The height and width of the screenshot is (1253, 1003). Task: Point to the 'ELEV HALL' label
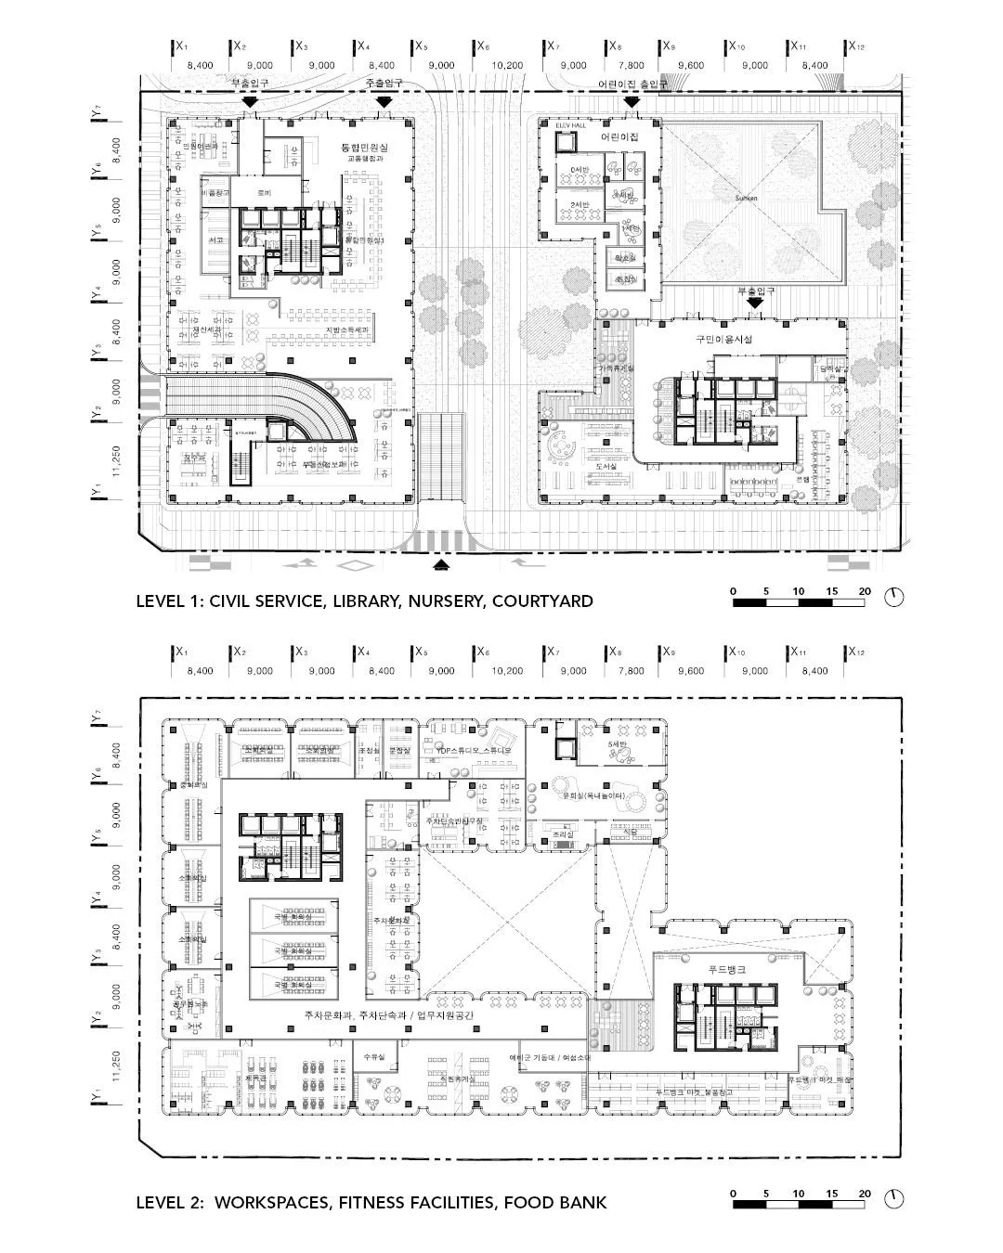tap(567, 124)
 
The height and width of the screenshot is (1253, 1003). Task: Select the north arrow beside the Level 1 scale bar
tap(893, 597)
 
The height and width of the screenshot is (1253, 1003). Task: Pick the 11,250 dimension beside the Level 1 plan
tap(117, 458)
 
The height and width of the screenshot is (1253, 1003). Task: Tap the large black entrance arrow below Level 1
tap(442, 562)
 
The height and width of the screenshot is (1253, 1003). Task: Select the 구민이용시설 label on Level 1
tap(723, 340)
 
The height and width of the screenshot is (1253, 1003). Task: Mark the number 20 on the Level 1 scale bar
tap(865, 591)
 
